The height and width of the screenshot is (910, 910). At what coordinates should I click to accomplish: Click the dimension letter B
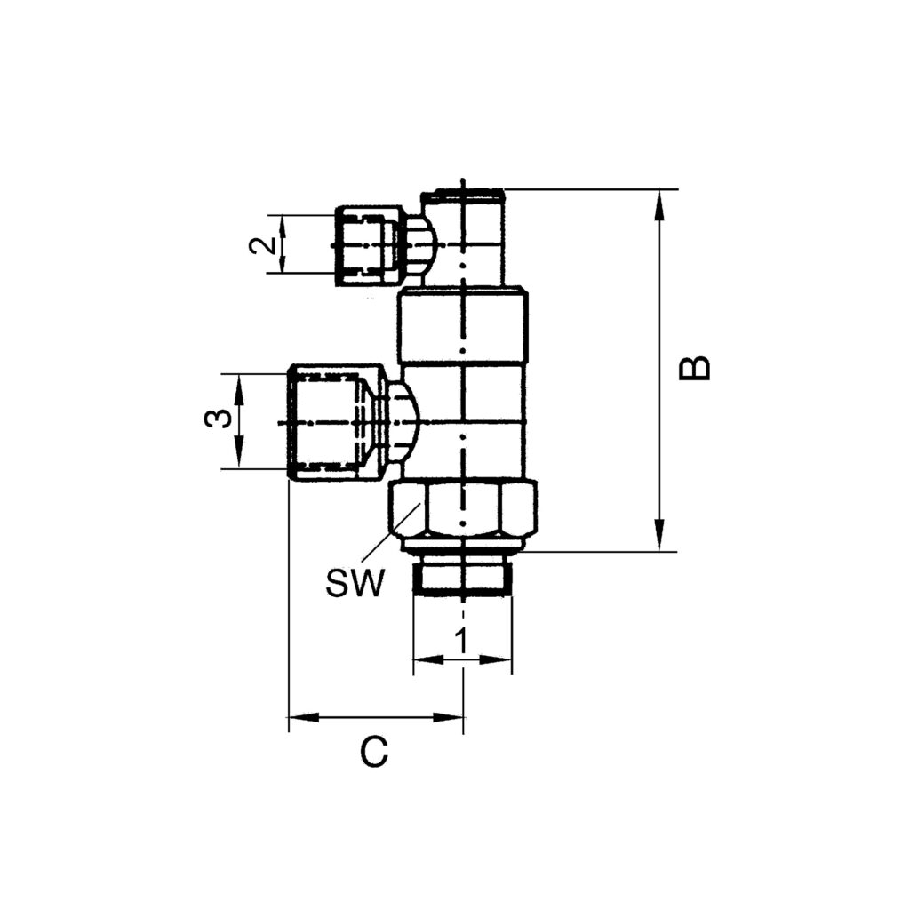pos(695,368)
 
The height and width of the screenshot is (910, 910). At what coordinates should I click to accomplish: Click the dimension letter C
pos(374,753)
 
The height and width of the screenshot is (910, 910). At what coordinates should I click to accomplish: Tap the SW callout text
pos(355,584)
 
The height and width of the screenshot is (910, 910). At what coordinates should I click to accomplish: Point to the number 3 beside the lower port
pos(215,419)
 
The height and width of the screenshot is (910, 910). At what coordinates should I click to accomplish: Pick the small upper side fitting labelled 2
pos(368,245)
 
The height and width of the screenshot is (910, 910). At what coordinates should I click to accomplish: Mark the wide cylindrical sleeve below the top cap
pos(463,326)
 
